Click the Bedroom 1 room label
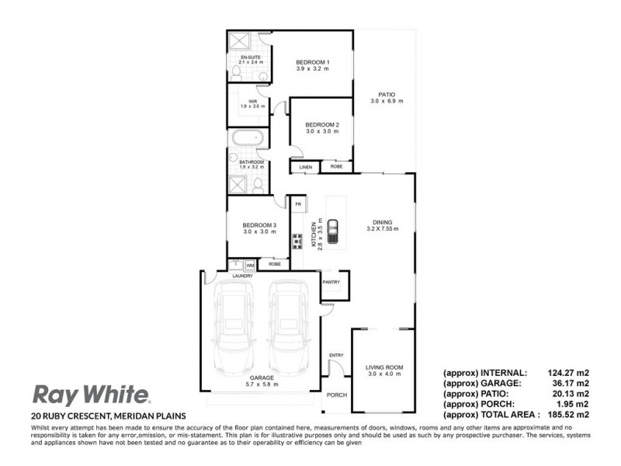313,62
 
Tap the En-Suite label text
252,58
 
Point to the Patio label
386,96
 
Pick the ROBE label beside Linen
336,166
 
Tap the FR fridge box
297,203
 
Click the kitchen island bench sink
333,229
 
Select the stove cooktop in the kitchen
297,242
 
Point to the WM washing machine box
250,265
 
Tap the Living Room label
385,367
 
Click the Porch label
336,394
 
